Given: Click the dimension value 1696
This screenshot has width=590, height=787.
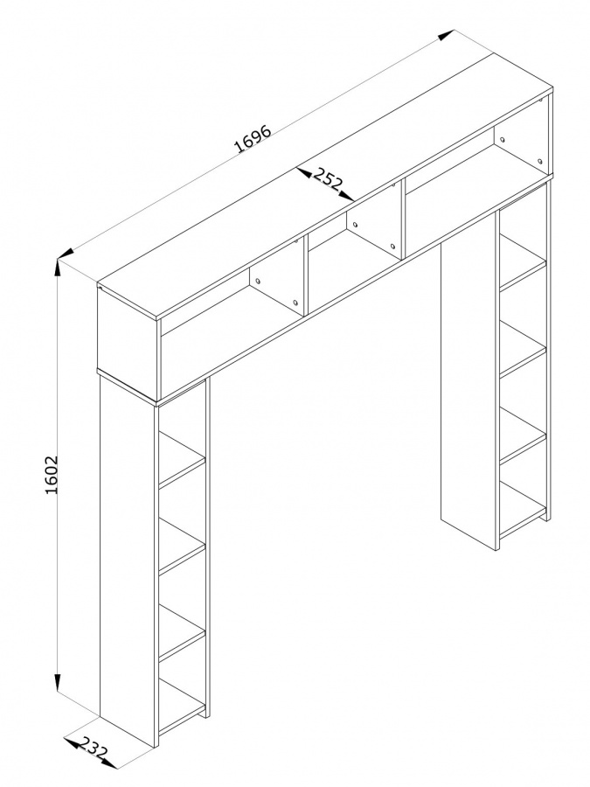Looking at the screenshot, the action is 253,137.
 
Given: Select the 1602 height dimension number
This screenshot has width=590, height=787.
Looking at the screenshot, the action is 52,475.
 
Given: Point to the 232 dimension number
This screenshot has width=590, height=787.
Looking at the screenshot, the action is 94,750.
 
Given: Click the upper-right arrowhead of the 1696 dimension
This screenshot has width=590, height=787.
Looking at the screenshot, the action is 446,35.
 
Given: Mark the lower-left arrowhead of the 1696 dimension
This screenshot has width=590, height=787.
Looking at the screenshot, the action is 66,254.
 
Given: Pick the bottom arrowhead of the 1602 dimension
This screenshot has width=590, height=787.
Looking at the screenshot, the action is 59,683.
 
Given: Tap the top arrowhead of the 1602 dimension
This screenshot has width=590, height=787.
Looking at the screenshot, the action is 59,268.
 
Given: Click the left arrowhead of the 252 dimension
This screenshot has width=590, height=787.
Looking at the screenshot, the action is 302,173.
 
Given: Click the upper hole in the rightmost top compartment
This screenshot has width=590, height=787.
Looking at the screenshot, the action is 503,139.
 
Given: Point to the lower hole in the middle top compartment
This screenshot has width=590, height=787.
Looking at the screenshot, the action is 392,247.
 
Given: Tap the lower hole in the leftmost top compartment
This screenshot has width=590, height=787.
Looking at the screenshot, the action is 295,303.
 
